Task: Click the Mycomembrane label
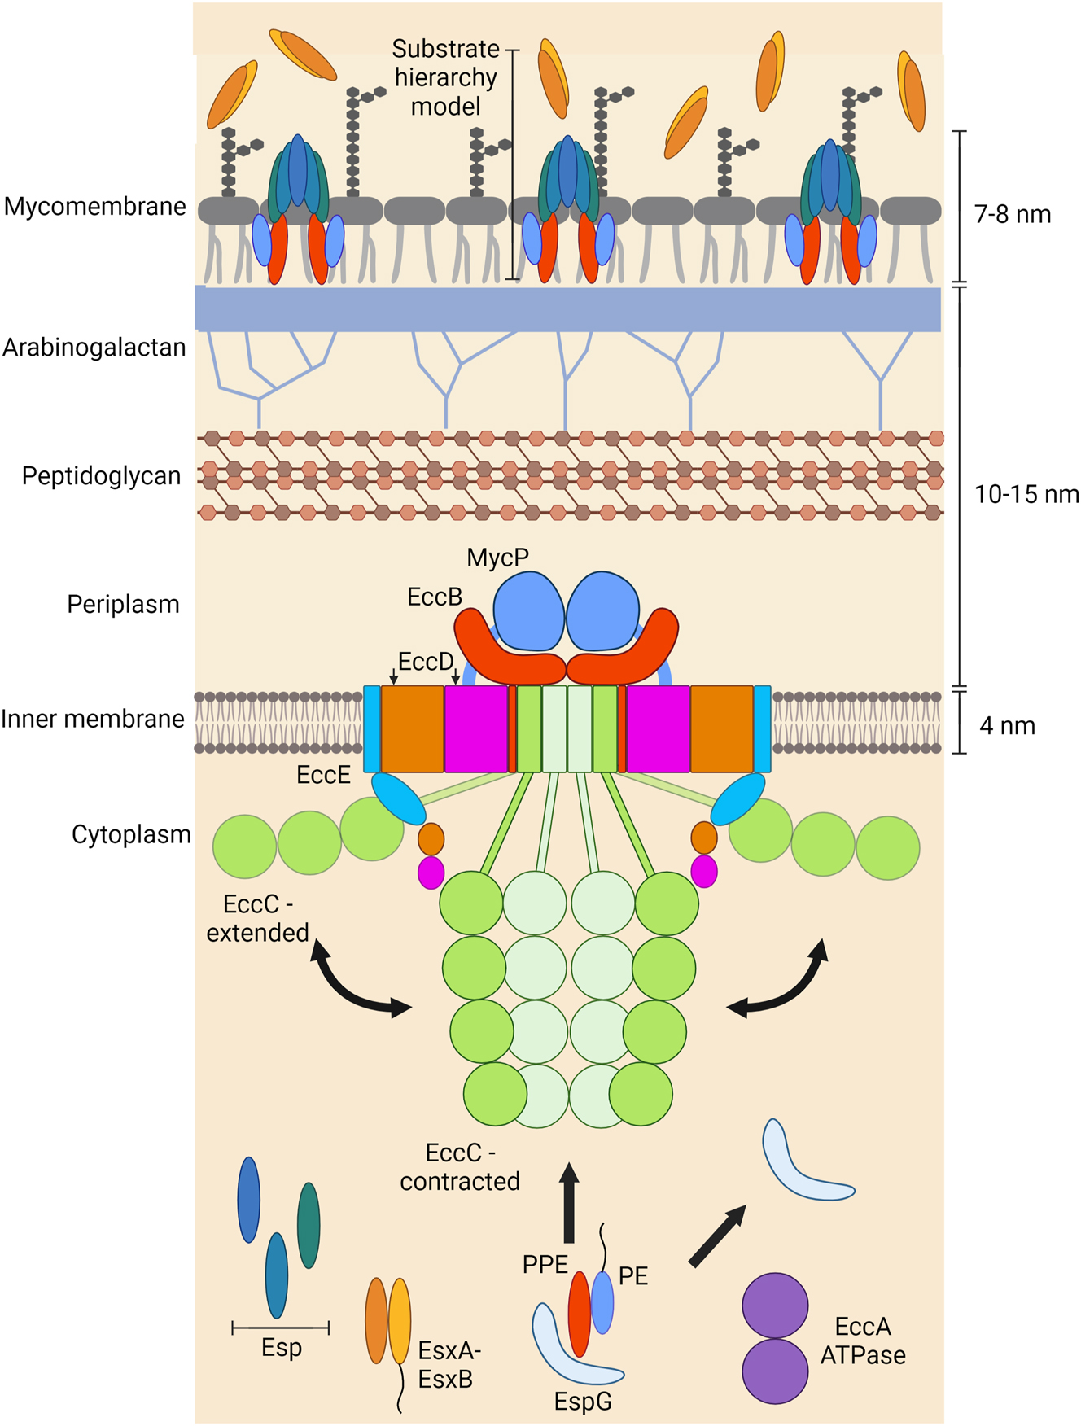coord(95,207)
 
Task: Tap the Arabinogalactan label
coord(94,348)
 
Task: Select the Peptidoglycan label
coord(101,476)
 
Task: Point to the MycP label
coord(497,558)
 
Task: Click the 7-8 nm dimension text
coord(1013,215)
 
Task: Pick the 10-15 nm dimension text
coord(1026,494)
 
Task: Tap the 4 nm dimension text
coord(1007,725)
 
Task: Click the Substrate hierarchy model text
coord(445,77)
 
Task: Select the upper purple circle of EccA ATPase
coord(775,1306)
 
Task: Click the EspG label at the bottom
coord(583,1402)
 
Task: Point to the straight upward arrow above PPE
coord(569,1202)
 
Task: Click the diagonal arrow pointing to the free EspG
coord(717,1236)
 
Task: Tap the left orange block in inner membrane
coord(413,728)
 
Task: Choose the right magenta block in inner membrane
coord(658,728)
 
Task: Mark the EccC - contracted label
coord(460,1167)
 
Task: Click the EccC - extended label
coord(257,918)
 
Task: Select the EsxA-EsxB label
coord(449,1365)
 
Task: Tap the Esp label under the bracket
coord(282,1348)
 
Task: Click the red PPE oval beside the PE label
coord(579,1313)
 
